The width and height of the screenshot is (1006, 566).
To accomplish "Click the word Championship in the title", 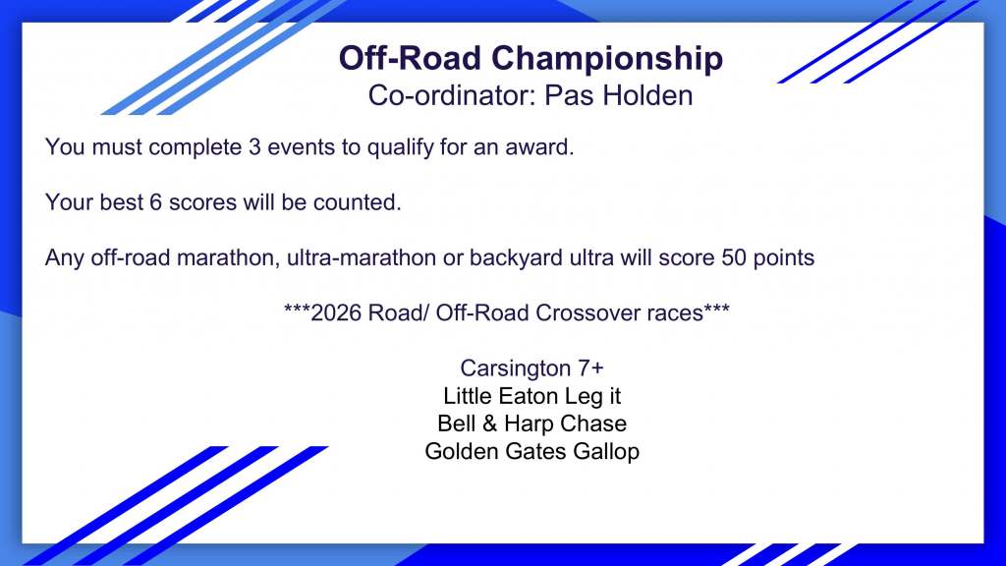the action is tap(607, 59).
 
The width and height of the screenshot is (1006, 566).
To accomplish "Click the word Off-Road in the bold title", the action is tap(410, 58).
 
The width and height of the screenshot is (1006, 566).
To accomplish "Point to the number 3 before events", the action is tap(254, 147).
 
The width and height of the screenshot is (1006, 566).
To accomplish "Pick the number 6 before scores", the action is tap(156, 202).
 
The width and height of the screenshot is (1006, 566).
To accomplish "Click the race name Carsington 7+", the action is tap(531, 368).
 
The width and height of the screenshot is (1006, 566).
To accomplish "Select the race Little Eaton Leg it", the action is tap(531, 396).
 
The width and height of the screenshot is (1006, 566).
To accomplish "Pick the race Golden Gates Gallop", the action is tap(531, 451).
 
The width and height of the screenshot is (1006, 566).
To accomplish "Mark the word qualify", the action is tap(401, 147).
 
